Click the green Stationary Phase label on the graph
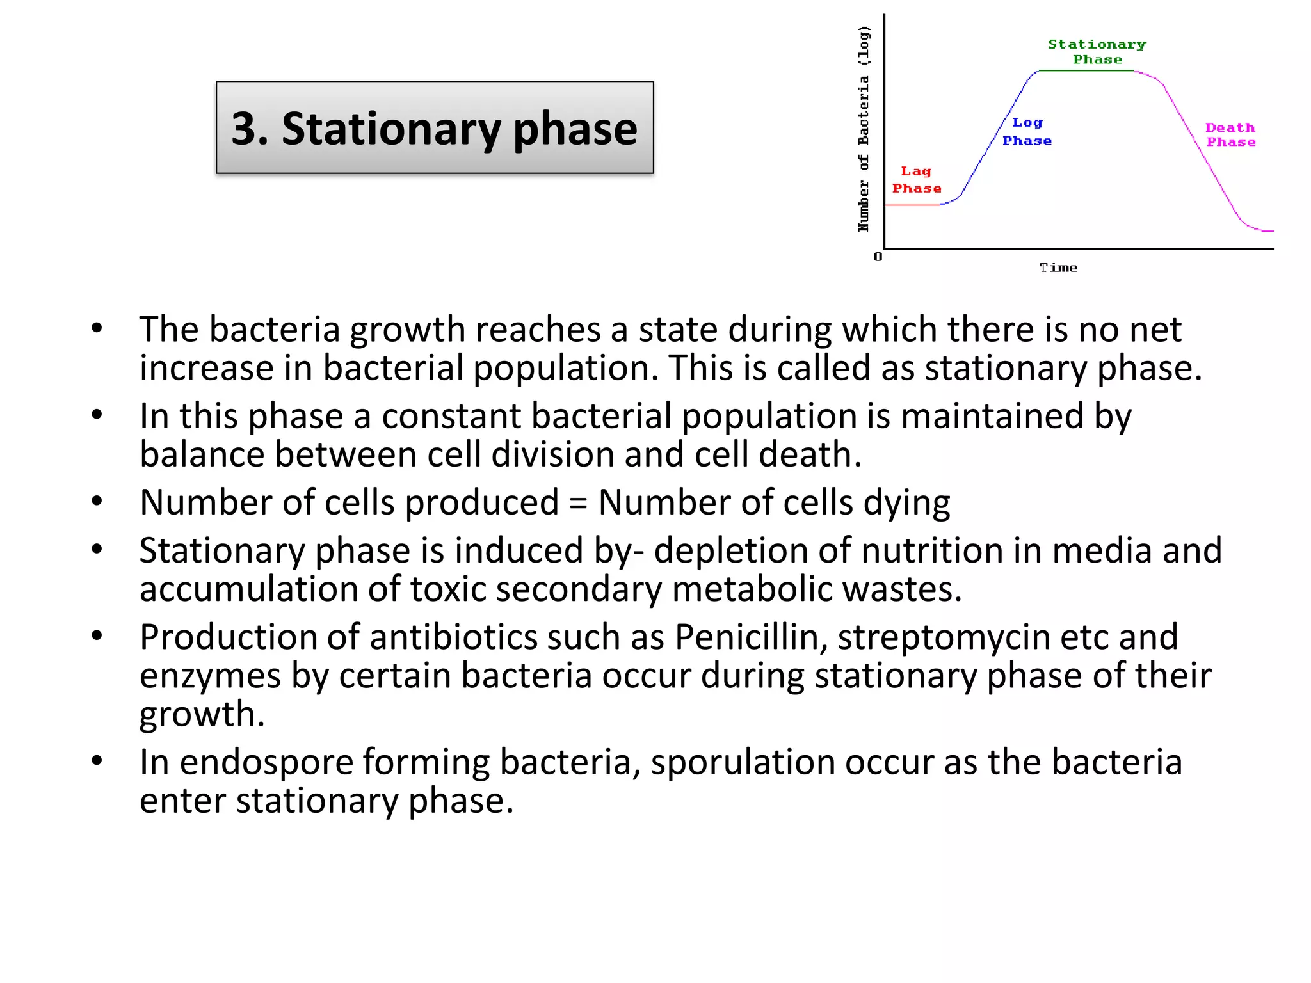[x=1097, y=52]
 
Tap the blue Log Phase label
[x=1027, y=131]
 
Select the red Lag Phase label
[x=916, y=180]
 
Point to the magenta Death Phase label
[x=1230, y=135]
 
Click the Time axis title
[x=1058, y=268]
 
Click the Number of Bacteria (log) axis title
[x=864, y=128]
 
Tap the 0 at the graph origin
[x=878, y=257]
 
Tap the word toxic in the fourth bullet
[x=448, y=589]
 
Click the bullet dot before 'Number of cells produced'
[x=97, y=500]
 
